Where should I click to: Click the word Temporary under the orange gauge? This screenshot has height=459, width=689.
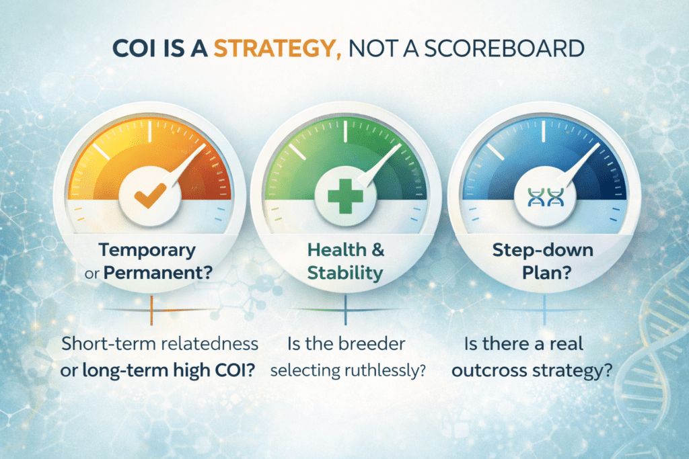147,251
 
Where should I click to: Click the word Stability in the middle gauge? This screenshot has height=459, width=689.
345,274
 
